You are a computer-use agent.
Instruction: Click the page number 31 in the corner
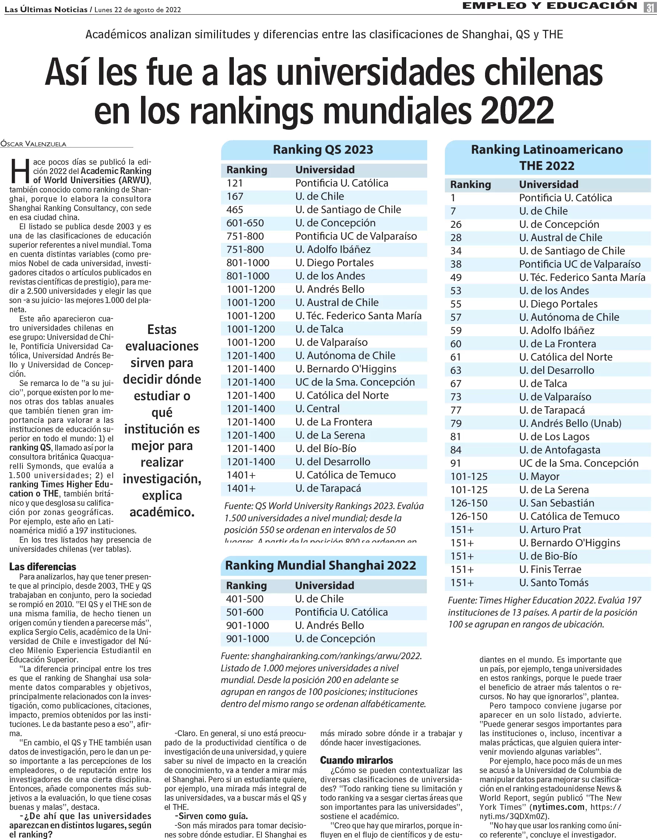point(650,7)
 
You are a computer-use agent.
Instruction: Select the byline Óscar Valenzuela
point(34,144)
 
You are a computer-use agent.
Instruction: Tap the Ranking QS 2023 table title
point(323,149)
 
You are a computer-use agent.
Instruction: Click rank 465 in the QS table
point(235,210)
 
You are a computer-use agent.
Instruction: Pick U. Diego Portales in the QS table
point(334,262)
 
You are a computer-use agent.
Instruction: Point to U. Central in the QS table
point(317,408)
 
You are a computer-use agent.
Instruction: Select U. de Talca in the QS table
point(319,329)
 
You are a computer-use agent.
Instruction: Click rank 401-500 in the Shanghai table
point(245,599)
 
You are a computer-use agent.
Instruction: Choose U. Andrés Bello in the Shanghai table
point(329,625)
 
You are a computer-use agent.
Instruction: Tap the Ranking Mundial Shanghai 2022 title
point(320,565)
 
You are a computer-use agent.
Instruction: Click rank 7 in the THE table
point(453,211)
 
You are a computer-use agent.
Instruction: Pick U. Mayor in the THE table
point(539,476)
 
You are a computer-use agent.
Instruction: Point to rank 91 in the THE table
point(456,463)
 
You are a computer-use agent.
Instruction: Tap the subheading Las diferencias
point(43,567)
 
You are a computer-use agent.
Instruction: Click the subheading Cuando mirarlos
point(356,760)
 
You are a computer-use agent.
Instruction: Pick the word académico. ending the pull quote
point(162,512)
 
